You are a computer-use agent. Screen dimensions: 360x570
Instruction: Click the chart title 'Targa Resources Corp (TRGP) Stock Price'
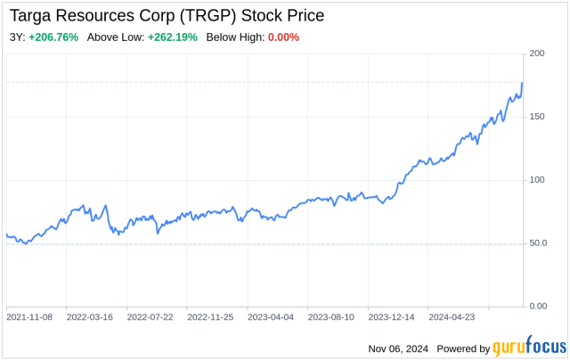tap(167, 15)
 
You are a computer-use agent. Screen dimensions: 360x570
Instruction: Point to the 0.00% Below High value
tap(284, 37)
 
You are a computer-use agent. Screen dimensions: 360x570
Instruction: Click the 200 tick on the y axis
tap(536, 53)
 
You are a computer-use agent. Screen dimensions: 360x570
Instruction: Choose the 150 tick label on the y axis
tap(536, 117)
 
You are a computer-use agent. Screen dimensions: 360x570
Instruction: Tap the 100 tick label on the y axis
tap(536, 180)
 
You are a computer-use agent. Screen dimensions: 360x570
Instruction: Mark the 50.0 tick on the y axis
tap(538, 243)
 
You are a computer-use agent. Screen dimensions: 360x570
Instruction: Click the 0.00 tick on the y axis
tap(538, 307)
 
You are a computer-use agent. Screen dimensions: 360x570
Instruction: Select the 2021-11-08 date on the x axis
tap(29, 316)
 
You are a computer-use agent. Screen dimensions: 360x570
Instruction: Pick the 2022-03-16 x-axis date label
tap(90, 316)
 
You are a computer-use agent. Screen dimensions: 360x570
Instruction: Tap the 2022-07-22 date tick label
tap(151, 316)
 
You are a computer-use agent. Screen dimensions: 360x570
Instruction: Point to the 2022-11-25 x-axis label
tap(210, 316)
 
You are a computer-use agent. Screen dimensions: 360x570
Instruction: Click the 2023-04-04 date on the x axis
tap(271, 316)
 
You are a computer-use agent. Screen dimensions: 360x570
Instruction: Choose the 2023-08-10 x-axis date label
tap(331, 316)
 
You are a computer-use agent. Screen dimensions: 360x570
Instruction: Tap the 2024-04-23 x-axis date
tap(452, 316)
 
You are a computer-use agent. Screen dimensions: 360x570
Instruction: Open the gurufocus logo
tap(526, 348)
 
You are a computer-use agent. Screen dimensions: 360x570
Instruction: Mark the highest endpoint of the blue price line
tap(522, 83)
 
